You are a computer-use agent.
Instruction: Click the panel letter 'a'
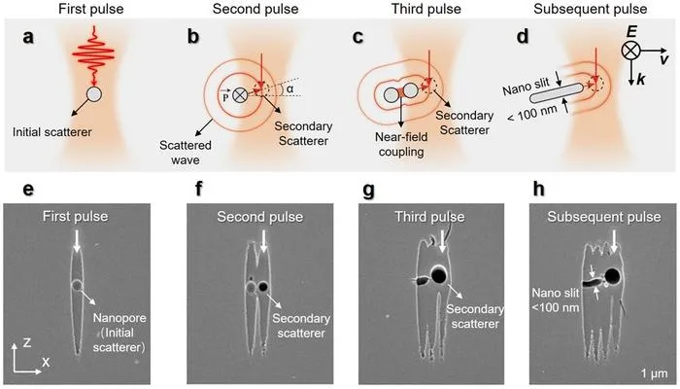[28, 37]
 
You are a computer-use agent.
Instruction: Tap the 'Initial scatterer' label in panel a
[52, 132]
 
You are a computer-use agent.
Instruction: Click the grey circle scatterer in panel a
[94, 94]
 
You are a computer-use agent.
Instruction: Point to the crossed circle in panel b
[240, 95]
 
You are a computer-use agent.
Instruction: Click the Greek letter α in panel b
[290, 89]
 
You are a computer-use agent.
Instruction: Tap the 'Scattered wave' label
[186, 153]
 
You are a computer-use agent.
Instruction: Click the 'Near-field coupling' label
[401, 145]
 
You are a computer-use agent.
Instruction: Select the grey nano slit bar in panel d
[557, 93]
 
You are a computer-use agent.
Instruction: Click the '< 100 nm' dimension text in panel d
[532, 114]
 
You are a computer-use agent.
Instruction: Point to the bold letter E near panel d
[631, 32]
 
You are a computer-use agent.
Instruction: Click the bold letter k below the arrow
[641, 80]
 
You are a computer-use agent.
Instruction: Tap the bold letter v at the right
[663, 59]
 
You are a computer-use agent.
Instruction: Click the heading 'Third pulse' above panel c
[425, 9]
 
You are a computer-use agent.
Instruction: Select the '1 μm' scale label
[654, 373]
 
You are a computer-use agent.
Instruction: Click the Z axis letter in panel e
[27, 343]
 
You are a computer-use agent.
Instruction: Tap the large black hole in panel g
[439, 275]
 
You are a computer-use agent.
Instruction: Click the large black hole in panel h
[612, 275]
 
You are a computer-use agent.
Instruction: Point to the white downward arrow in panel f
[263, 241]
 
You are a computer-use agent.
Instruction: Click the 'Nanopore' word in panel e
[119, 318]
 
